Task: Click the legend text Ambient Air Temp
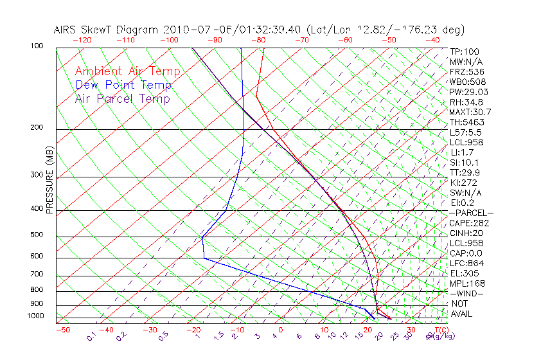point(127,71)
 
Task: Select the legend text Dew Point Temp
point(123,85)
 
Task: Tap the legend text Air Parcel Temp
point(122,98)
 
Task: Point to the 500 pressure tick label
point(37,235)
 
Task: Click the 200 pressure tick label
point(37,128)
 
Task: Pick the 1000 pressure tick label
point(35,316)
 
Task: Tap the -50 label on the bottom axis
point(62,330)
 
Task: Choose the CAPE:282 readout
point(469,223)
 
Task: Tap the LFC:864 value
point(466,263)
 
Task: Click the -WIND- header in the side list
point(466,293)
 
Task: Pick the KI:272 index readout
point(463,183)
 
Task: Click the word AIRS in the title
point(66,30)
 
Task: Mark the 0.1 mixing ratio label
point(92,336)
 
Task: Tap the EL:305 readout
point(464,273)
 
